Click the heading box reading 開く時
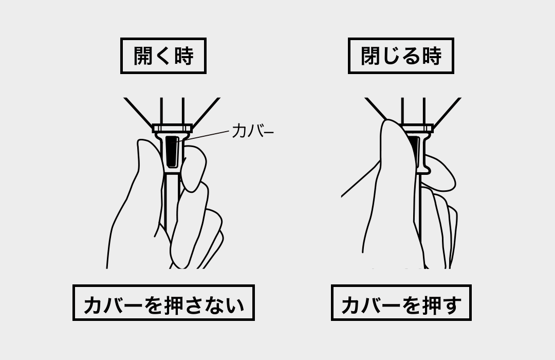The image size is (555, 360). (163, 56)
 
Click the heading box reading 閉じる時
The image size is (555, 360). (401, 56)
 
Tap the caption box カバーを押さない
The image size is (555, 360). (163, 302)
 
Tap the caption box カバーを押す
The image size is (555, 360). (401, 302)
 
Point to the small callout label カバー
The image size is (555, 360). (253, 131)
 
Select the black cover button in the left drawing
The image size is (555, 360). (172, 151)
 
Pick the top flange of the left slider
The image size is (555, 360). (172, 128)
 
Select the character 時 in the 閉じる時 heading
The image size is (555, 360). (432, 56)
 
